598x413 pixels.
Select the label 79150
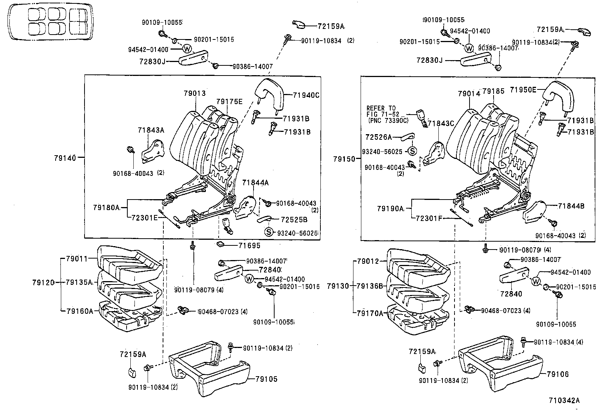tap(344, 159)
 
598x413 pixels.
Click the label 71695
tap(249, 246)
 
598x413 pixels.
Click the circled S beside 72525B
tap(269, 232)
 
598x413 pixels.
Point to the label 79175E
tap(229, 101)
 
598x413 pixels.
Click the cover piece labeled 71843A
tap(153, 150)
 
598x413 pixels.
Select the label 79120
tap(44, 282)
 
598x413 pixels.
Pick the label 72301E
tap(145, 217)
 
